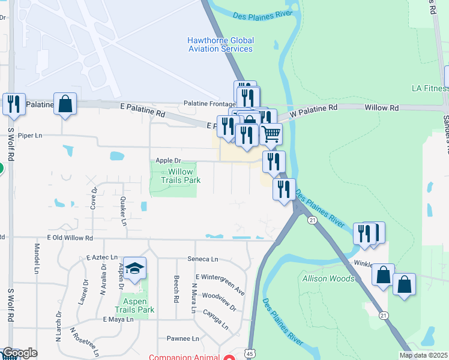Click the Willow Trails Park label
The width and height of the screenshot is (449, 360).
pos(180,175)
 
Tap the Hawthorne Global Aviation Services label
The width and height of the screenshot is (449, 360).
pos(220,44)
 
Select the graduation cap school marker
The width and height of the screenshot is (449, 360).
pos(136,269)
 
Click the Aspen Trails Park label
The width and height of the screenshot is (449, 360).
pos(139,305)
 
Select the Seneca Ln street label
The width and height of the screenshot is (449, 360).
pos(206,259)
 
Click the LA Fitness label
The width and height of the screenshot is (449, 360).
pos(430,88)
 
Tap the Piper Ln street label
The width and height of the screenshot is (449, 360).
pos(30,136)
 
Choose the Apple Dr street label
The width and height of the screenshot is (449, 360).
pos(168,160)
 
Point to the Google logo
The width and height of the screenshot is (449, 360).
pos(19,353)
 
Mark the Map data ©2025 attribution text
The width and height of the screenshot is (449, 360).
pos(423,355)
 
